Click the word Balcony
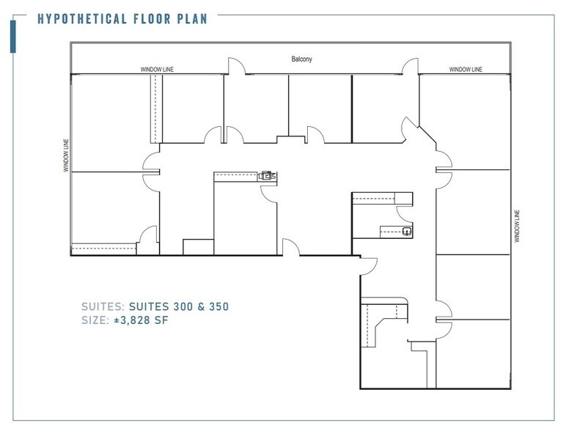301,59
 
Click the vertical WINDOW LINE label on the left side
66,155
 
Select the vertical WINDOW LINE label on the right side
518,226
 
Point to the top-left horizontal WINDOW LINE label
157,70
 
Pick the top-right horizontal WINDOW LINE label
466,70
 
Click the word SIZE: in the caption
96,320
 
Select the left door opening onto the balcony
236,67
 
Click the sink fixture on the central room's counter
268,176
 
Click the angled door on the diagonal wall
408,130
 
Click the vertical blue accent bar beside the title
13,36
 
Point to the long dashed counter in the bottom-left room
103,248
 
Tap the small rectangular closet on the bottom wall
197,246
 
